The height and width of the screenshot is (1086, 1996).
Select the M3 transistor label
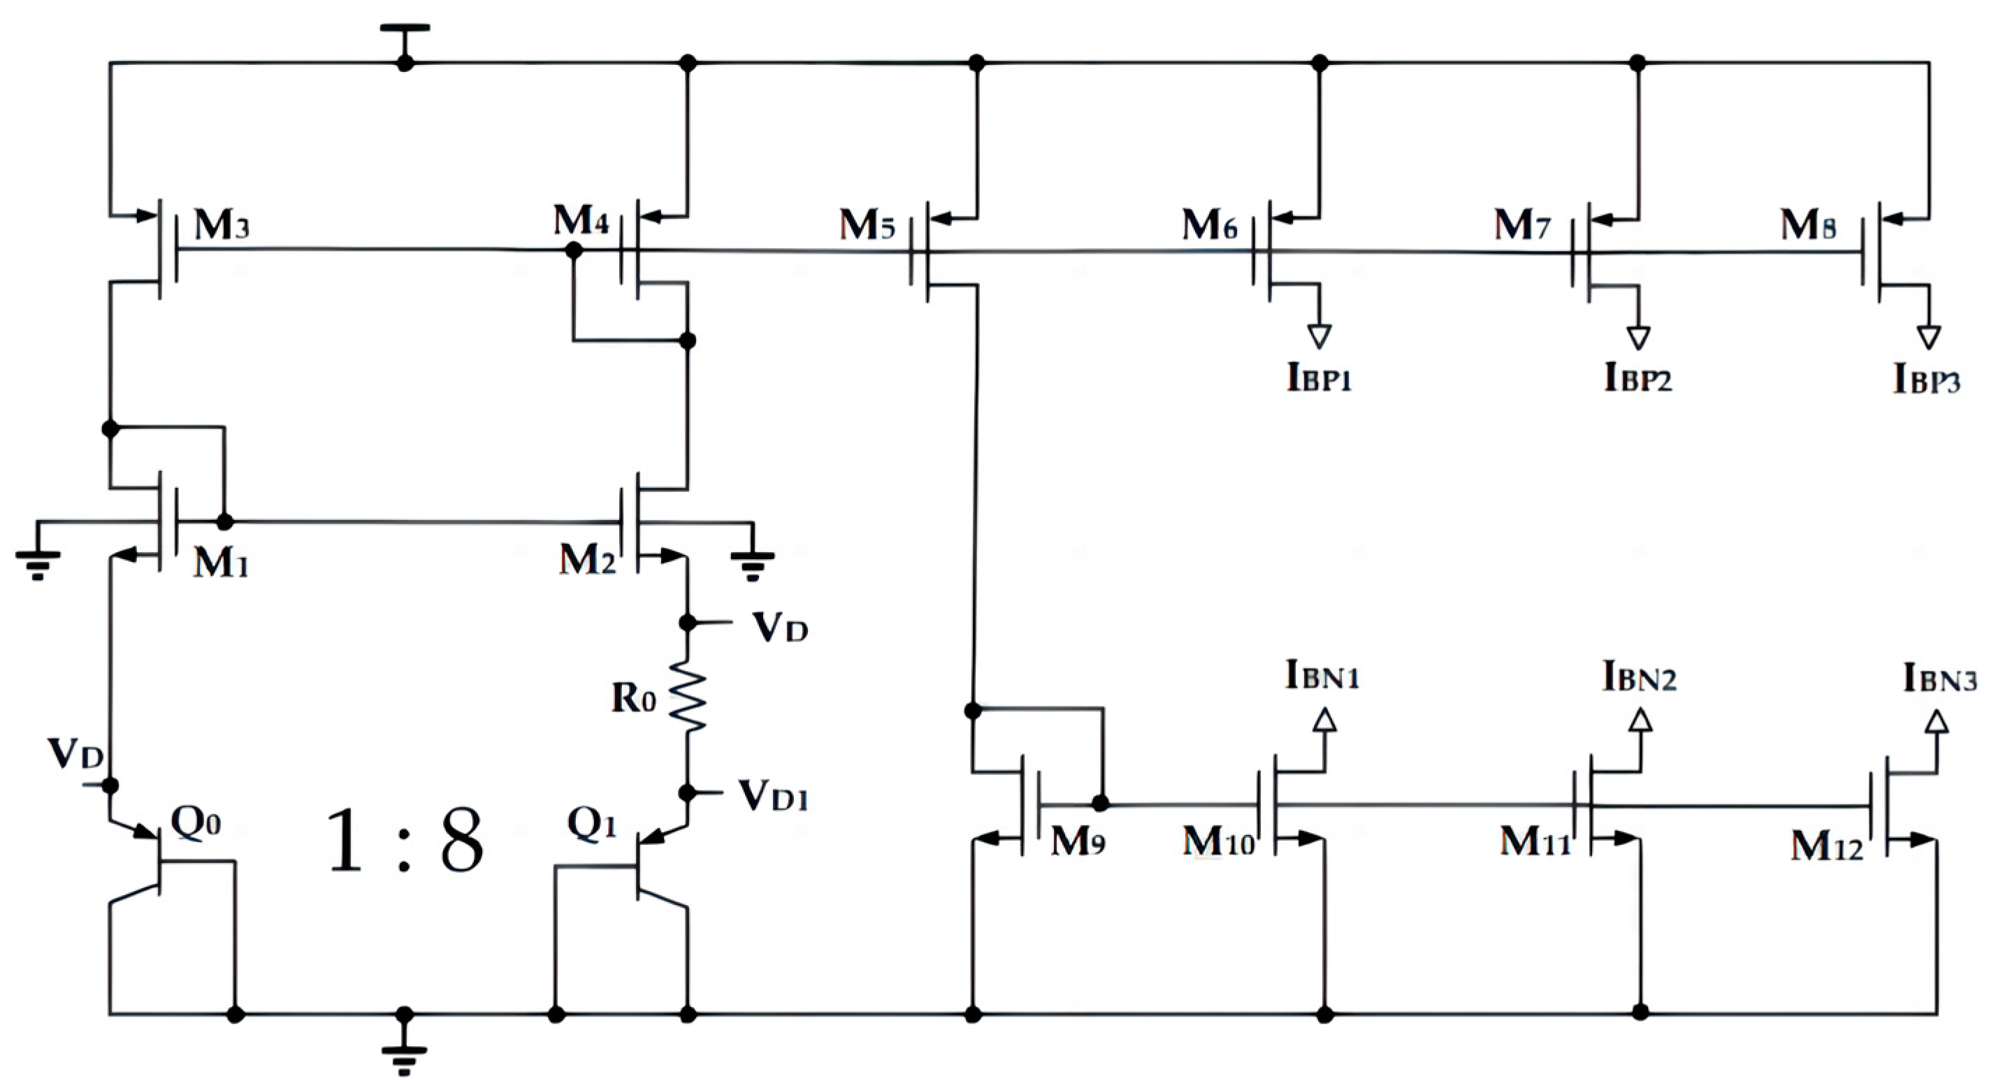[222, 226]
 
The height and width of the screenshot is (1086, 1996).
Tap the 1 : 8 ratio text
[405, 841]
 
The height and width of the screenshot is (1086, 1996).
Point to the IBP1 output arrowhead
[1319, 336]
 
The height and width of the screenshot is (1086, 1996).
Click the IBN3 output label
[1939, 679]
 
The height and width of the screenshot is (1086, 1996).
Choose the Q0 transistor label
[195, 823]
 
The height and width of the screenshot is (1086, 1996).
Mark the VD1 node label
[772, 795]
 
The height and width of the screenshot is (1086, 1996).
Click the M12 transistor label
[1825, 848]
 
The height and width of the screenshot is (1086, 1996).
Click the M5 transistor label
[867, 226]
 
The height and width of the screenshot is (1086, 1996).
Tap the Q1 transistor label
[591, 824]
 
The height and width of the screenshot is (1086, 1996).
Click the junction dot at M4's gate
[573, 250]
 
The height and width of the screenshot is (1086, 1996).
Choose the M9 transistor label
[1077, 841]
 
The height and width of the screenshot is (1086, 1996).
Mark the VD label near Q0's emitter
[75, 753]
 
